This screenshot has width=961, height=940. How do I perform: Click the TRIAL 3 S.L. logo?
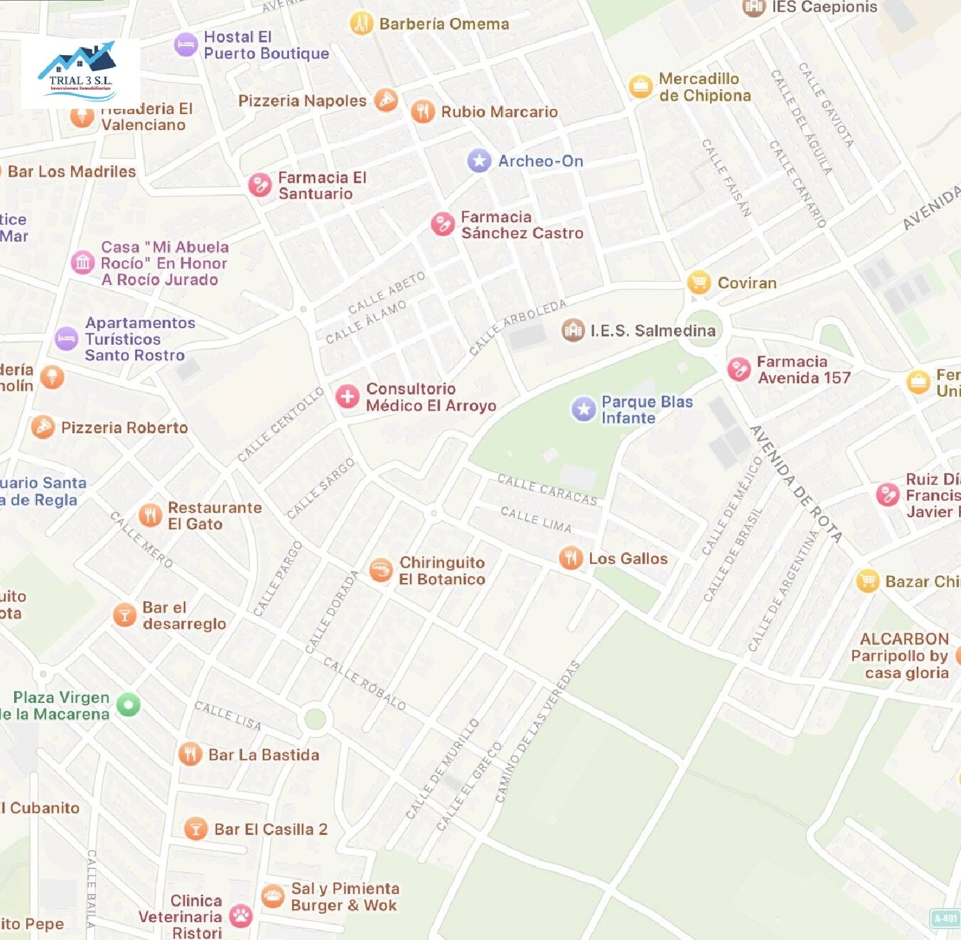[80, 72]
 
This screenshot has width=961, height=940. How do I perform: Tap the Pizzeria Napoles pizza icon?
[386, 100]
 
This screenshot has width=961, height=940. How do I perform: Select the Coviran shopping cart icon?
[699, 282]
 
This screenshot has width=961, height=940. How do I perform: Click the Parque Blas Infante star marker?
[584, 409]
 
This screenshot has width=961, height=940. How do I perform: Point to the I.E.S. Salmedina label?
[652, 331]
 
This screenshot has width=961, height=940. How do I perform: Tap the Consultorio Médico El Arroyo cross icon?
[348, 397]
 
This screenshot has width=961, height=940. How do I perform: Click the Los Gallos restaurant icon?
[570, 558]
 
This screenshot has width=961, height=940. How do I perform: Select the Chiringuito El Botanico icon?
[381, 570]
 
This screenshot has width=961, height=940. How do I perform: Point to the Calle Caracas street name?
[547, 490]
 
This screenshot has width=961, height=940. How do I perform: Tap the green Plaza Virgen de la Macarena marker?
[128, 705]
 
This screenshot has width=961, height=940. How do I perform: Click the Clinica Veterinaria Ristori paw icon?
[241, 916]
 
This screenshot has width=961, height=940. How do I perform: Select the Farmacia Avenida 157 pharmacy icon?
[739, 370]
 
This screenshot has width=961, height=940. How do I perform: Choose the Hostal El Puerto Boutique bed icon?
[186, 45]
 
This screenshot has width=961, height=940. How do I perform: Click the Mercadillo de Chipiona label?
[705, 87]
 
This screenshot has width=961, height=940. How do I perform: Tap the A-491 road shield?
[945, 918]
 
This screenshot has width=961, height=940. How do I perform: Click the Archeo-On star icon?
[479, 161]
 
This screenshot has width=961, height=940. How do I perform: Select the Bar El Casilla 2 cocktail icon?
[195, 829]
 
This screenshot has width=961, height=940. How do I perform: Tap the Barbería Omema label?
[444, 24]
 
